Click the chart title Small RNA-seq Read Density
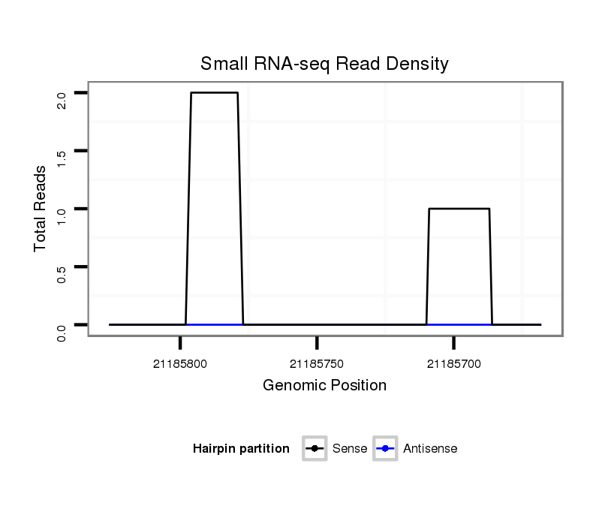click(x=324, y=64)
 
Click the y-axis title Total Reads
click(x=41, y=208)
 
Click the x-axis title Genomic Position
click(x=324, y=386)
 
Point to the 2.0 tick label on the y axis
click(x=62, y=100)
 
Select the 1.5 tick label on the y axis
click(x=62, y=158)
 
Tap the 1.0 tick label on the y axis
click(x=62, y=215)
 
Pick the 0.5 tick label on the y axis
click(x=62, y=273)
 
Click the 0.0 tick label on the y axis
click(x=62, y=332)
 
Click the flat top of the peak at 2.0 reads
click(x=214, y=93)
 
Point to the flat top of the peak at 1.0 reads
click(x=459, y=209)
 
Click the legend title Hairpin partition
click(x=241, y=449)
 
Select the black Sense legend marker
click(x=315, y=449)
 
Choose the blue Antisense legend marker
click(x=384, y=449)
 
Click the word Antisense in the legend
click(x=430, y=449)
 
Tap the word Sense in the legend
click(x=350, y=449)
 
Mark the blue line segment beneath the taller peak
click(x=214, y=324)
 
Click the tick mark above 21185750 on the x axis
click(x=317, y=343)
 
